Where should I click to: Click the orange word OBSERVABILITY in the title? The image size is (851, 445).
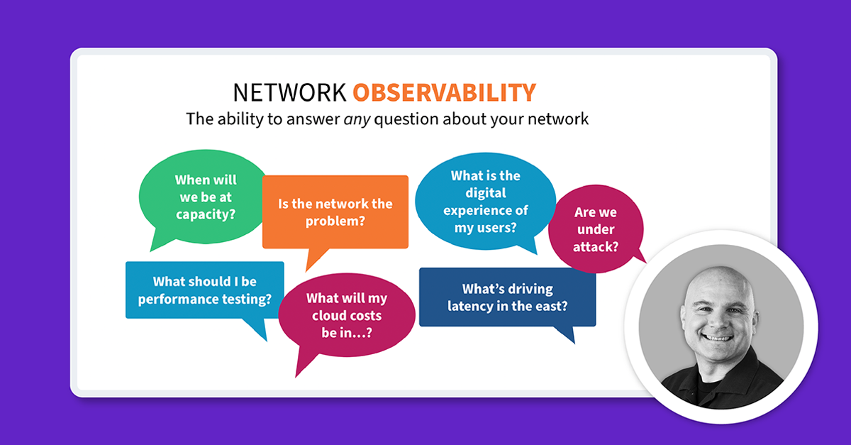[x=444, y=92]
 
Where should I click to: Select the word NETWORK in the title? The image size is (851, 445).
[x=290, y=92]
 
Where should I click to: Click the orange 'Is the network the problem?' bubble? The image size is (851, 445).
[x=335, y=212]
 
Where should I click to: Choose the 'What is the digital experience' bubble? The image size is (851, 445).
[x=485, y=202]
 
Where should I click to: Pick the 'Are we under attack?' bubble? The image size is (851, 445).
[x=596, y=230]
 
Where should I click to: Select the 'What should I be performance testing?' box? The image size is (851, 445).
[x=205, y=290]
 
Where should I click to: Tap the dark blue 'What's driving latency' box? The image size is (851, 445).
[x=507, y=297]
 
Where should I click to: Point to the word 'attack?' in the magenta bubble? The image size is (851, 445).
[x=596, y=248]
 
